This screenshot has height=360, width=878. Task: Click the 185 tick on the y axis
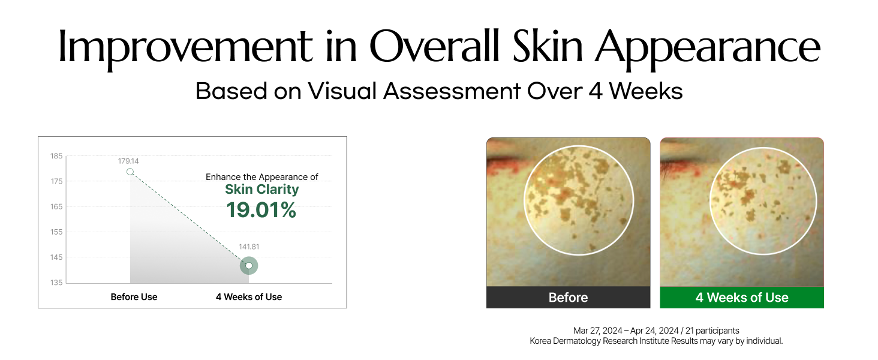coord(56,156)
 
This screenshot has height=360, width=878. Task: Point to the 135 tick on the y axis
coord(56,283)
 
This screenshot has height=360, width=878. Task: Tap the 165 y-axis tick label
coord(56,206)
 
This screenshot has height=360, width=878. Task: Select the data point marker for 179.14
coord(130,172)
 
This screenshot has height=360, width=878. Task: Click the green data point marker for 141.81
coord(249,266)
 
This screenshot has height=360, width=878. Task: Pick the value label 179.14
coord(128,161)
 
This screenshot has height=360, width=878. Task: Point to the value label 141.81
coord(249,247)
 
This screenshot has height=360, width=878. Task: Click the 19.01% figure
coord(261,210)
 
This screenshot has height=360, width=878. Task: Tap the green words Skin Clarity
coord(262,190)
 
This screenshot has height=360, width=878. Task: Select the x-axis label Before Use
coord(134,297)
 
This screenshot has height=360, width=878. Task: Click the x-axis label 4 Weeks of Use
coord(249,297)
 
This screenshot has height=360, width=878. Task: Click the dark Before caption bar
coord(569,297)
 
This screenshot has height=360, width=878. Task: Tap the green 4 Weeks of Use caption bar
coord(742,297)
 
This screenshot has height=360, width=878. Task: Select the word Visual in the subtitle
coord(342,91)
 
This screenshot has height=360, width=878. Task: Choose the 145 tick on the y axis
coord(56,257)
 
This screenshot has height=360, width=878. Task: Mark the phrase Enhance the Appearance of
coord(262,177)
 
